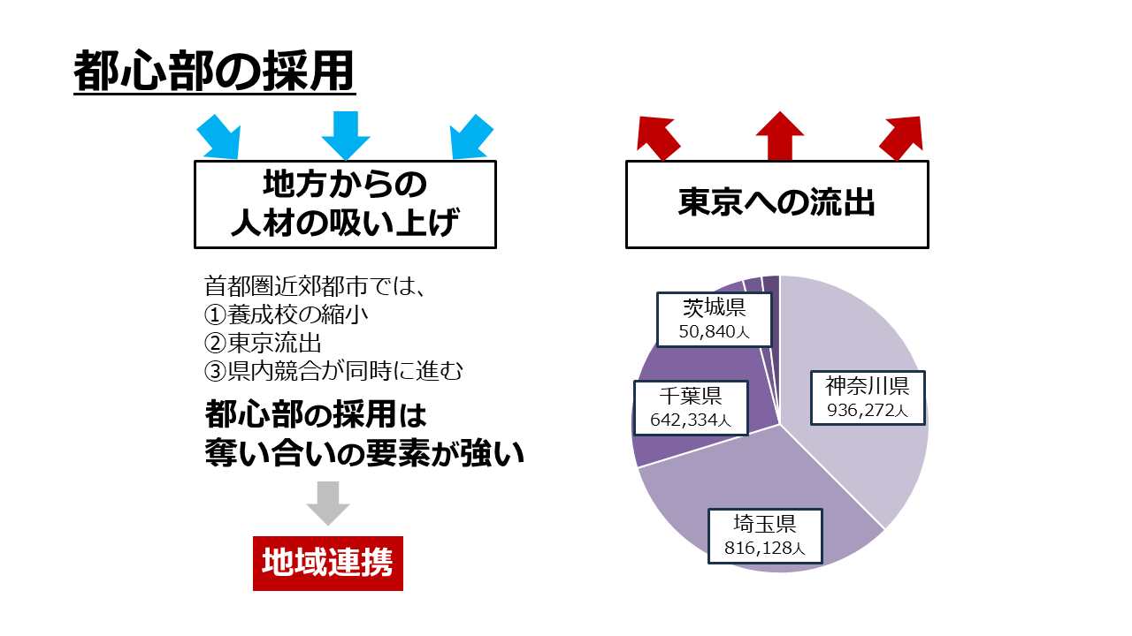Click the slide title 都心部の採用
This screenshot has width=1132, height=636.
214,71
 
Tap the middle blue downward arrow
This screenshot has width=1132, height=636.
346,135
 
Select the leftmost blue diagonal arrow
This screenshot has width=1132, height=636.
219,137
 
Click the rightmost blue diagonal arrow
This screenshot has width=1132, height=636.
471,137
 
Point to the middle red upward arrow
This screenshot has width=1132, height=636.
780,136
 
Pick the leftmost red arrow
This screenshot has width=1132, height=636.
657,139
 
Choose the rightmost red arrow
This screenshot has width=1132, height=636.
902,139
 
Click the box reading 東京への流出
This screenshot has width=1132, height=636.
777,204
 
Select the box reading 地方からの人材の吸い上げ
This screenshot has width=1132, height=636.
345,204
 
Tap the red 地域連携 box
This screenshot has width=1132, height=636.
328,564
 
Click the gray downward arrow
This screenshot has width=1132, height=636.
328,503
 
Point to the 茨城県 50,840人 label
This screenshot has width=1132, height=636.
714,320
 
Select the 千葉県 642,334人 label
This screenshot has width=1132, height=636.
691,408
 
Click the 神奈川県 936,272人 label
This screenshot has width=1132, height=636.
868,397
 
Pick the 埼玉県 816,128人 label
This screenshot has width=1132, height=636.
765,536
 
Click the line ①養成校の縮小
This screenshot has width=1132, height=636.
286,315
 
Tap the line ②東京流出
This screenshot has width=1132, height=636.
263,344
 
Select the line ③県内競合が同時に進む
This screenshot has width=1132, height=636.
333,372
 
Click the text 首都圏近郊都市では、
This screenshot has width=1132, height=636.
314,286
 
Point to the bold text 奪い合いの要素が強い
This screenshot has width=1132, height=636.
364,453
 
